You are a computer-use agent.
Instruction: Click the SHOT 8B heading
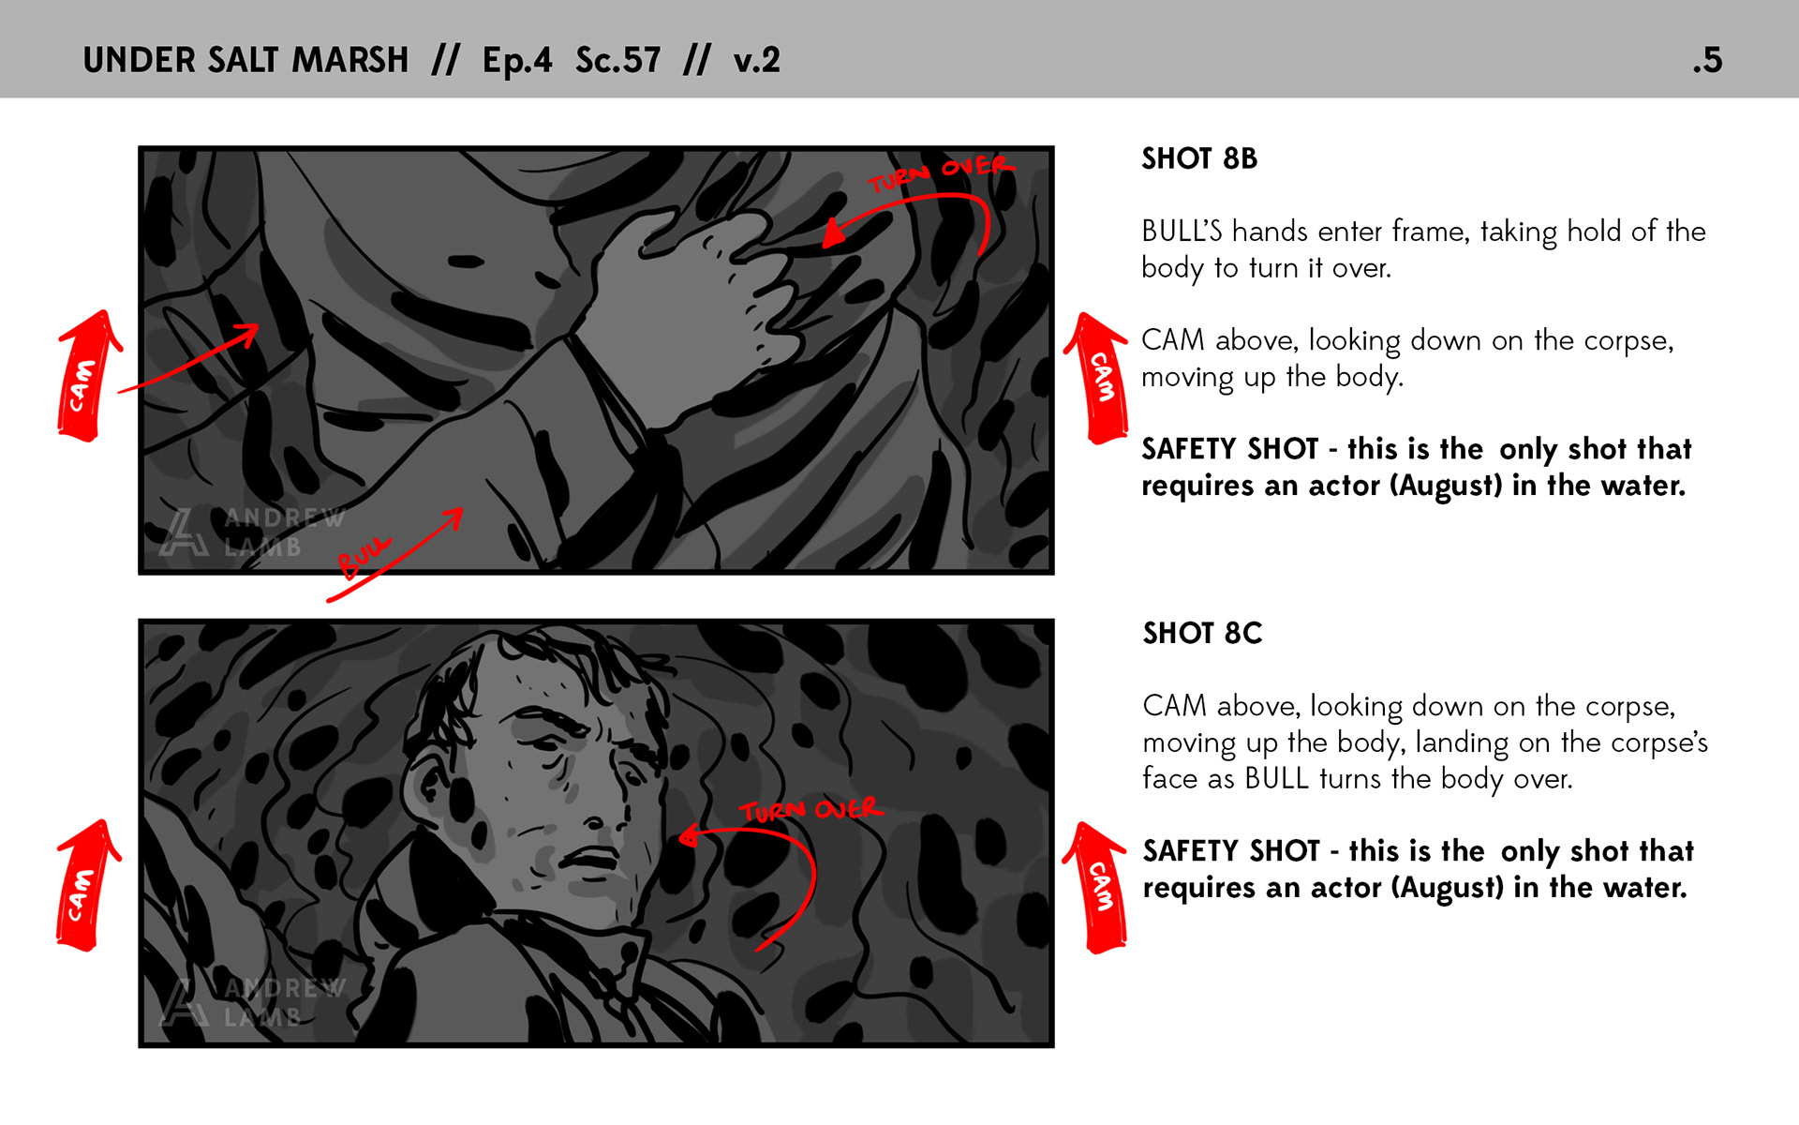pos(1198,158)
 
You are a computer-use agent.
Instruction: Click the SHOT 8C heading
pos(1202,633)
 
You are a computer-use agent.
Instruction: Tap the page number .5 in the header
pos(1707,60)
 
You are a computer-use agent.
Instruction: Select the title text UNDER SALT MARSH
pos(245,60)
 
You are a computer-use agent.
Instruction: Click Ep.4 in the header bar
pos(517,61)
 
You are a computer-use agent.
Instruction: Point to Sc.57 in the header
pos(617,60)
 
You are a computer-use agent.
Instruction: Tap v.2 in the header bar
pos(756,61)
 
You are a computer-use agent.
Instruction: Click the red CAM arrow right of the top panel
pos(1098,378)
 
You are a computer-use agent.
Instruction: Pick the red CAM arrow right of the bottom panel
pos(1096,888)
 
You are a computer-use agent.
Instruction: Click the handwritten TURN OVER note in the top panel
pos(941,173)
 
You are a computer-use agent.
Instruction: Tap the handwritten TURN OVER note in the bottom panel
pos(811,810)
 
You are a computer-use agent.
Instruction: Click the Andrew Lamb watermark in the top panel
pos(252,532)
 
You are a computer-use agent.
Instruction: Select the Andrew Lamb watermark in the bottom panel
pos(252,1001)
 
